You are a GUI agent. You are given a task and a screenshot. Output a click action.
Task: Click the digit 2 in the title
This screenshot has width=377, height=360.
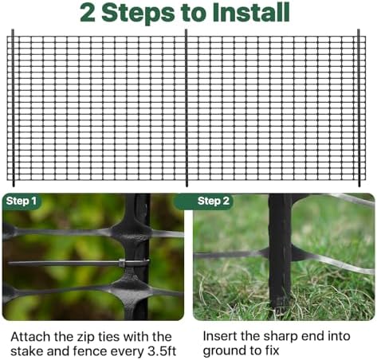(x=88, y=13)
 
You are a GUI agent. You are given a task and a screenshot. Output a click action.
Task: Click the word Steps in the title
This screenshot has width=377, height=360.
(x=138, y=14)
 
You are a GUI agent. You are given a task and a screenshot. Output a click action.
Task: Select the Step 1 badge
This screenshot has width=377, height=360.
(x=22, y=201)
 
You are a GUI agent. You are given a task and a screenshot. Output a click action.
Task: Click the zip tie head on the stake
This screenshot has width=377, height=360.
(x=122, y=263)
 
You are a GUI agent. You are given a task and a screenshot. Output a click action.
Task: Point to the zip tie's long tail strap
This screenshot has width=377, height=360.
(x=64, y=263)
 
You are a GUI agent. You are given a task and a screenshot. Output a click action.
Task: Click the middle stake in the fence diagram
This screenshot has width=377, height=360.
(x=187, y=108)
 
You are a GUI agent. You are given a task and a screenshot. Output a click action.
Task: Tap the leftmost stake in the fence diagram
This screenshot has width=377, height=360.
(x=13, y=108)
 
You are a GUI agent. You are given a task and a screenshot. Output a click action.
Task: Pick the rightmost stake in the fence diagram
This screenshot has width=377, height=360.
(x=359, y=108)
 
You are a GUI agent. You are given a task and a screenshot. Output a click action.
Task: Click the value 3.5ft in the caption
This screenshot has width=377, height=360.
(x=162, y=351)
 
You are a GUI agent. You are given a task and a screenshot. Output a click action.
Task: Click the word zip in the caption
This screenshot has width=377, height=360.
(x=85, y=338)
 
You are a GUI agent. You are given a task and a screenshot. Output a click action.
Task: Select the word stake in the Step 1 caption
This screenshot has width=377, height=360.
(x=27, y=351)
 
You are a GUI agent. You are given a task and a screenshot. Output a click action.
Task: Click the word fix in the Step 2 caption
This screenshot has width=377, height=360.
(x=272, y=350)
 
